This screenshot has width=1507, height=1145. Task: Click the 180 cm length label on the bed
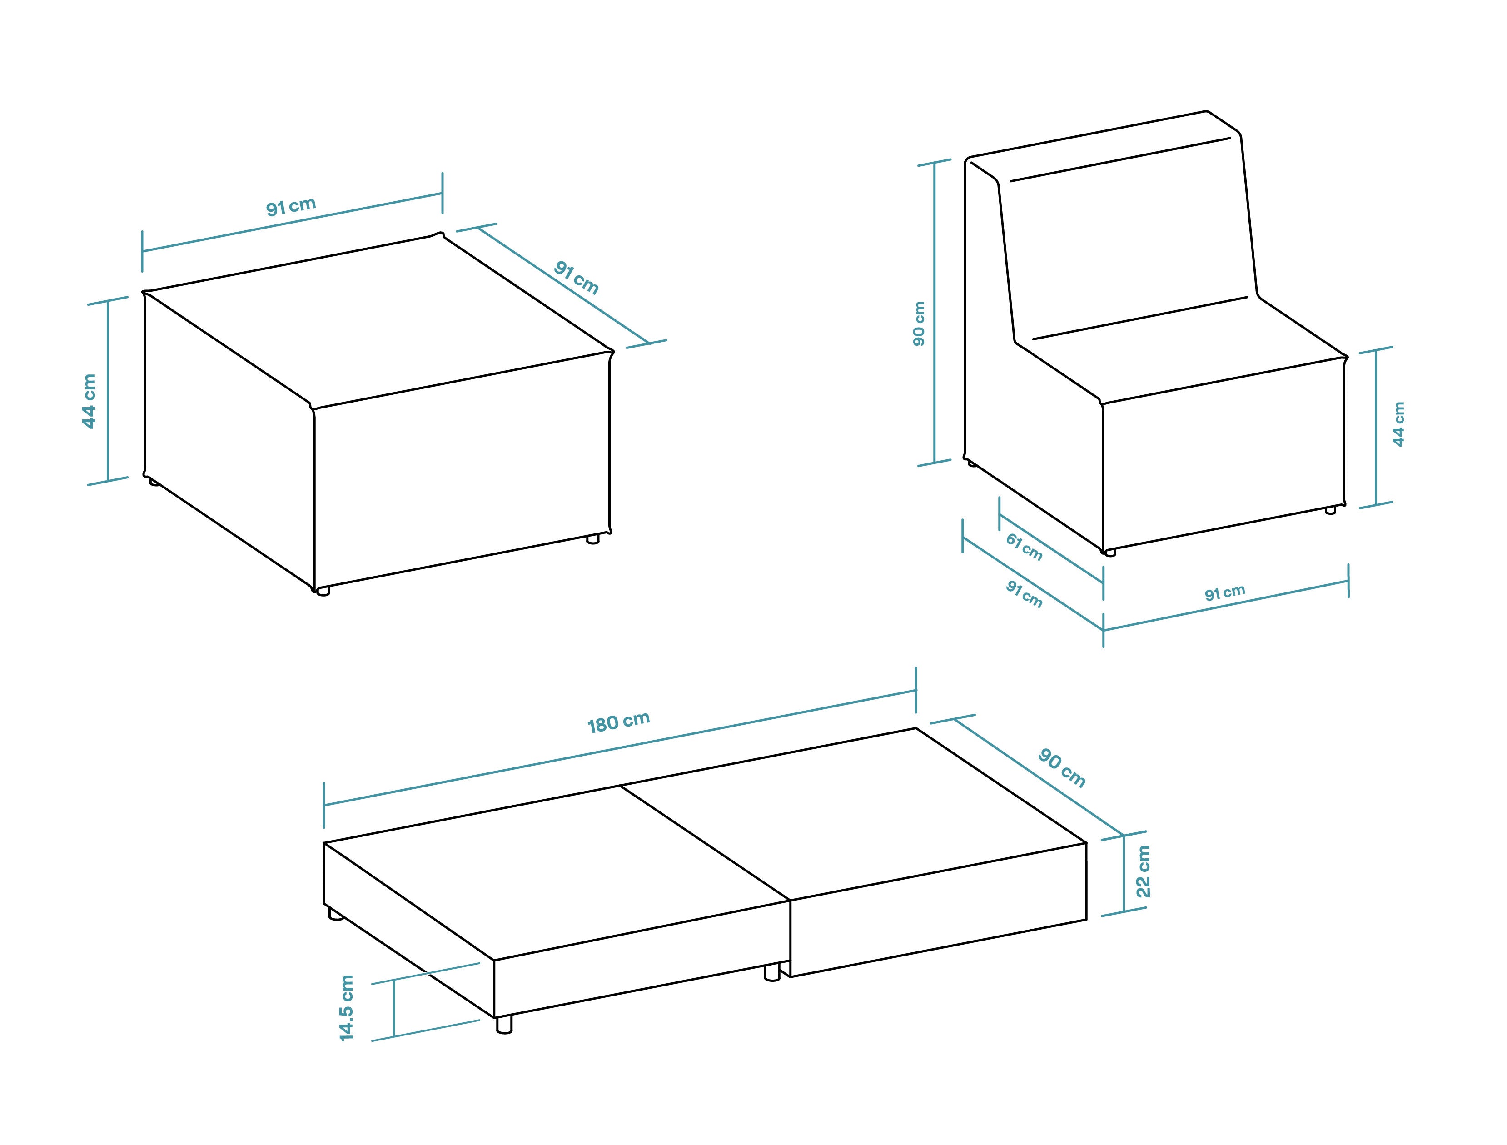click(x=618, y=722)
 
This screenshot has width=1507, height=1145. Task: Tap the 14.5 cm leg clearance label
click(x=347, y=1008)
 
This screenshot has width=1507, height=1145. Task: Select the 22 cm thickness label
click(x=1143, y=871)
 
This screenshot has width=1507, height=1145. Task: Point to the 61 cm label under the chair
click(x=1024, y=547)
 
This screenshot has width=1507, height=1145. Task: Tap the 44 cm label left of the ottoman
click(x=90, y=402)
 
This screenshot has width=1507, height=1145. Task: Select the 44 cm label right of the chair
click(x=1398, y=424)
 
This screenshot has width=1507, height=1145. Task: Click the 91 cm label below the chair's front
click(x=1225, y=592)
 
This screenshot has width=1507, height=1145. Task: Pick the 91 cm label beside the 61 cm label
click(x=1024, y=593)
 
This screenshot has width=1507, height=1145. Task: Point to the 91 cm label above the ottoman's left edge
click(x=291, y=206)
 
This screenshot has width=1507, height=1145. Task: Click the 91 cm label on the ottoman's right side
click(x=577, y=277)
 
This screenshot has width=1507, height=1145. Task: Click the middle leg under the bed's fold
click(x=772, y=972)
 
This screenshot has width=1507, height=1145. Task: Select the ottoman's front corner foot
click(x=323, y=591)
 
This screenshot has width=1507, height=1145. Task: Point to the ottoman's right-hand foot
click(x=593, y=539)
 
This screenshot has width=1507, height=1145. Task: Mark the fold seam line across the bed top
click(x=705, y=843)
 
